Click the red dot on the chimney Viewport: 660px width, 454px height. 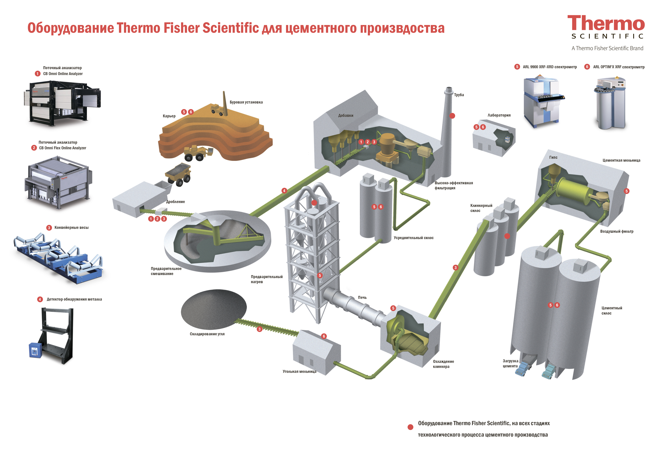tap(452, 116)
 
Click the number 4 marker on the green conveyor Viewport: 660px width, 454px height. tap(284, 191)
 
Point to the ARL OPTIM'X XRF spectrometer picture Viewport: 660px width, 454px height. tap(610, 102)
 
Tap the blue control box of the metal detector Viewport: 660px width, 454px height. tap(35, 350)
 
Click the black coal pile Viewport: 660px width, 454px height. tap(214, 309)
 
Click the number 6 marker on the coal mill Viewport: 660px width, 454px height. tap(324, 336)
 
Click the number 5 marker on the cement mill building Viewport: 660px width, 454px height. tap(626, 191)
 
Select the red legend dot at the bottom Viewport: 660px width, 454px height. tap(410, 427)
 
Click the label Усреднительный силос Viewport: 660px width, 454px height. tap(413, 238)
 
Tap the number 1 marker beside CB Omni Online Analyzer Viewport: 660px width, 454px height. tap(37, 74)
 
